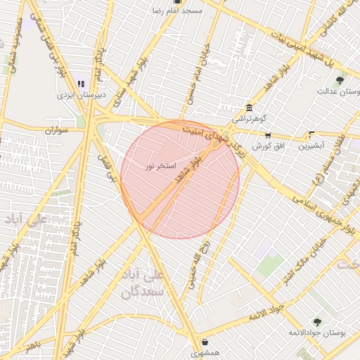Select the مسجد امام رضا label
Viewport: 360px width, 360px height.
177,11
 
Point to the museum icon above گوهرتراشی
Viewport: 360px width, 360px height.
249,108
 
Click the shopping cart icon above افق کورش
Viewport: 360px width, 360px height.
267,135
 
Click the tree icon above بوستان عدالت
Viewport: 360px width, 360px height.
340,80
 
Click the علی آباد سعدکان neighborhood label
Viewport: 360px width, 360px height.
144,281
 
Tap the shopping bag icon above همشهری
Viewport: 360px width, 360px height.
204,342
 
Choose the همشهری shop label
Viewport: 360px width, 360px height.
204,353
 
